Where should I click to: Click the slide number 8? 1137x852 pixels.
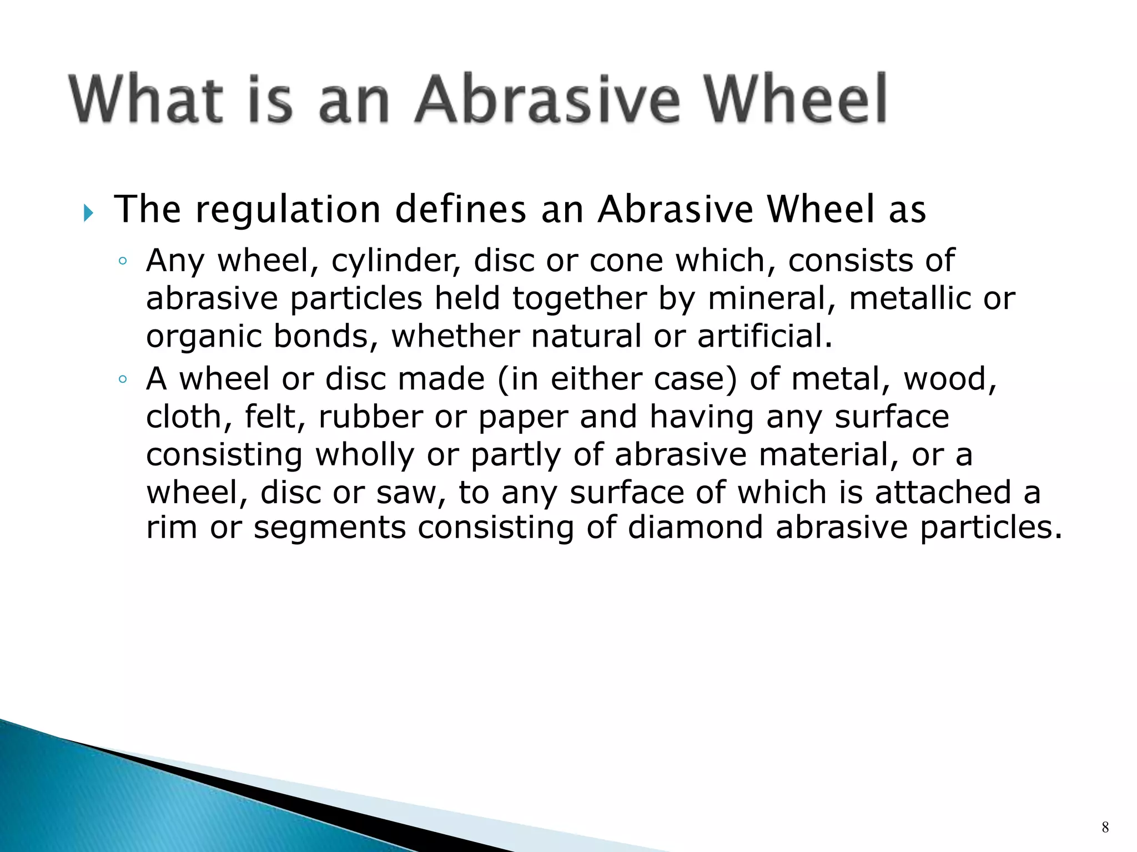click(1105, 828)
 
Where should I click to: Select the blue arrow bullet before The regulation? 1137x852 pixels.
click(88, 212)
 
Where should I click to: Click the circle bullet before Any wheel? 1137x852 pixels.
click(123, 261)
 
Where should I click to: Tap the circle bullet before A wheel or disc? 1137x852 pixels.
click(123, 380)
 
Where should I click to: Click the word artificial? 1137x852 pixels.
click(764, 336)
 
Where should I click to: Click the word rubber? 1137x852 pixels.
click(370, 417)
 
